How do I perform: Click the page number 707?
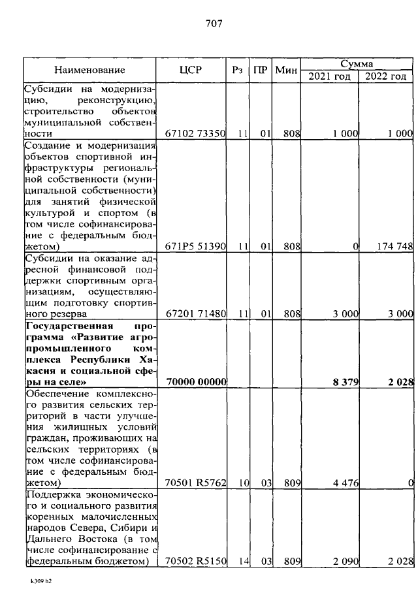pyautogui.click(x=214, y=24)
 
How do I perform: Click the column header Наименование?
pyautogui.click(x=89, y=69)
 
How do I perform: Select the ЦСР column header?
pyautogui.click(x=194, y=69)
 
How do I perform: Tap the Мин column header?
pyautogui.click(x=286, y=69)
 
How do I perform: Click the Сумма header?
pyautogui.click(x=357, y=63)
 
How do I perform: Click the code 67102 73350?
pyautogui.click(x=195, y=133)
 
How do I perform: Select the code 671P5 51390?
pyautogui.click(x=195, y=246)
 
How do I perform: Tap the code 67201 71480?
pyautogui.click(x=195, y=314)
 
